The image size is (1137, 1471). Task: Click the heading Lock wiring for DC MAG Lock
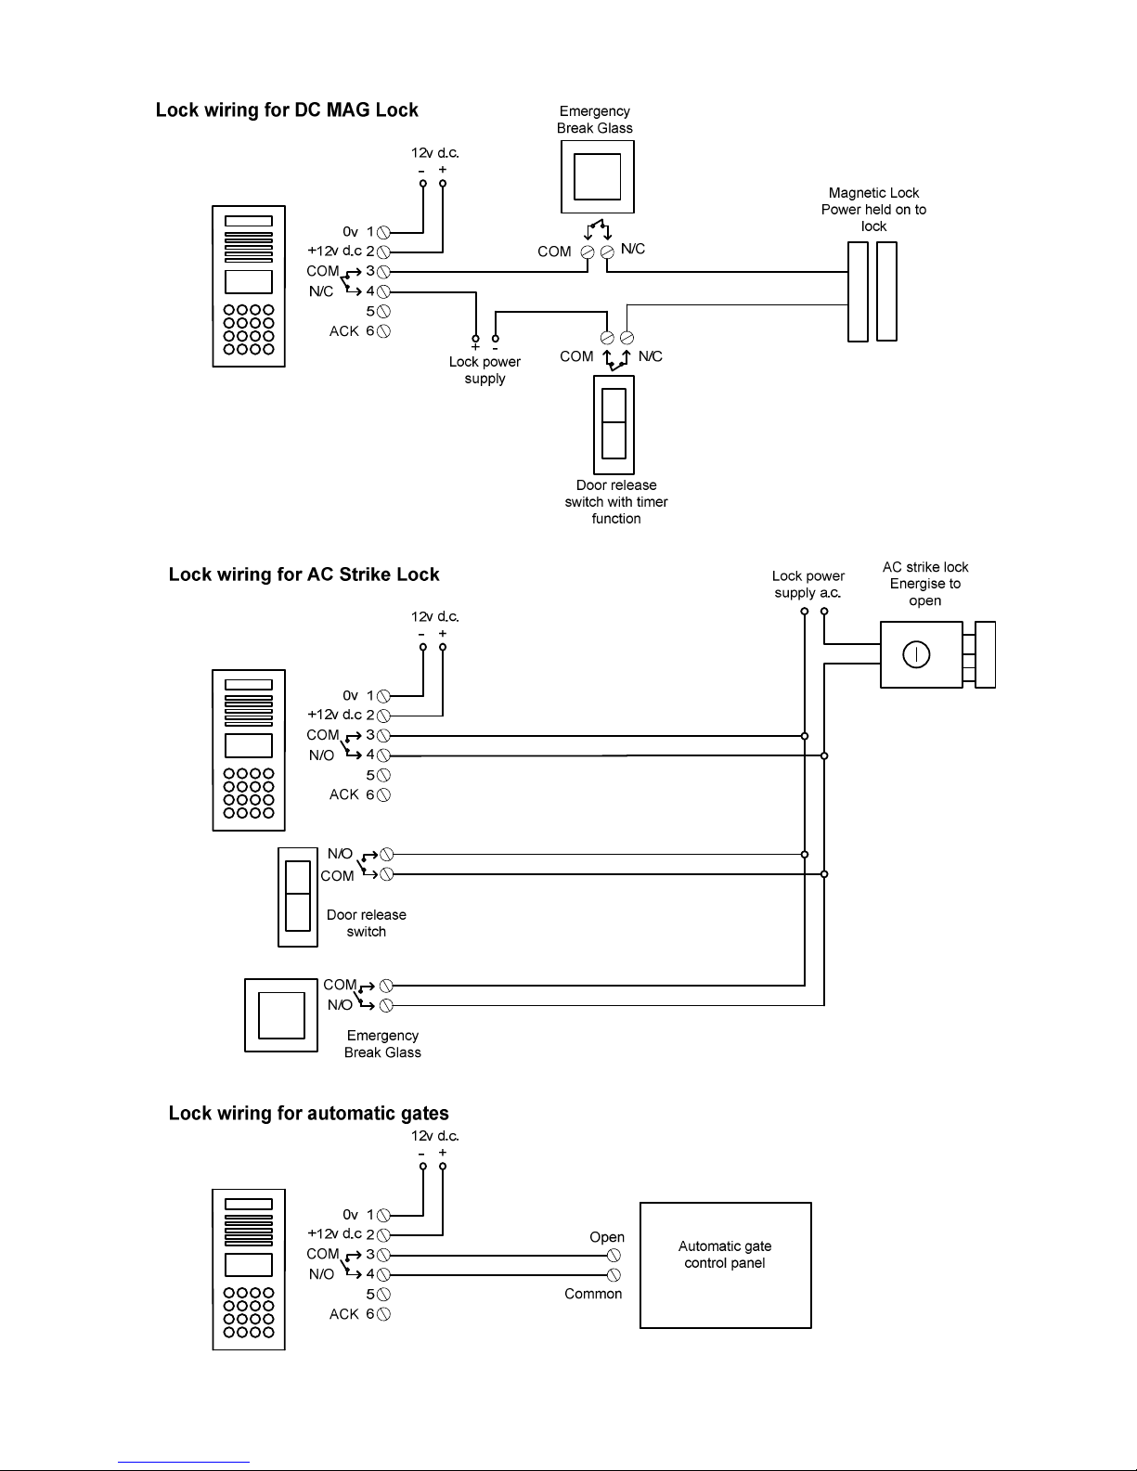point(287,110)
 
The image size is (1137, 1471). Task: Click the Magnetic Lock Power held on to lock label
point(873,210)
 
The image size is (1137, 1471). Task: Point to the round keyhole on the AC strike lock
point(916,654)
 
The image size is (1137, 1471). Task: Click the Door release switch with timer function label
point(616,501)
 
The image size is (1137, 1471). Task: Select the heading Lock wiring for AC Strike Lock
point(304,574)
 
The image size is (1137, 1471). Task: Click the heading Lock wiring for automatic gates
point(308,1114)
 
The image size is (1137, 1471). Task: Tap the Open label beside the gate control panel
point(607,1237)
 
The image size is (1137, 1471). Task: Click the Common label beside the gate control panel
point(593,1294)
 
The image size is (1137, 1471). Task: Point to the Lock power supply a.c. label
point(808,584)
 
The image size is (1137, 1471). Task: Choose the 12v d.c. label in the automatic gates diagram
point(435,1135)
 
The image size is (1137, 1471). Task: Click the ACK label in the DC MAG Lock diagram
point(343,331)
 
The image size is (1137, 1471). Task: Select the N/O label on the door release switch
point(340,854)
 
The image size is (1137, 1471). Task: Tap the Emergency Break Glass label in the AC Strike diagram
point(382,1044)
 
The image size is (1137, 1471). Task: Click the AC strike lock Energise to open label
point(925,584)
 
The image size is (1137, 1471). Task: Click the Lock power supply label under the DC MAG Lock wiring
point(485,370)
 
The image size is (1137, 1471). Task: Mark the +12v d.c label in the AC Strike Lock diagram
point(334,715)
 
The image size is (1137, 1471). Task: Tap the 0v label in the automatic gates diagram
point(350,1215)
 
